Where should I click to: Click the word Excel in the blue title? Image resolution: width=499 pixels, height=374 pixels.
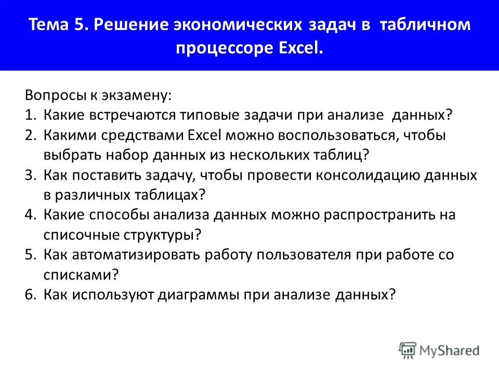(300, 48)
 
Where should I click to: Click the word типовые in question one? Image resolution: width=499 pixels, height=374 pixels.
(209, 115)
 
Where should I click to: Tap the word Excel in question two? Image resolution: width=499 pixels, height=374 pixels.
(204, 135)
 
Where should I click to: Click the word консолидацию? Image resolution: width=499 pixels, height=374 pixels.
(367, 176)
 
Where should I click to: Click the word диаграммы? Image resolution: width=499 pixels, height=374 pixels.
(198, 295)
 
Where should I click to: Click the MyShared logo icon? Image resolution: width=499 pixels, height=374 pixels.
(408, 351)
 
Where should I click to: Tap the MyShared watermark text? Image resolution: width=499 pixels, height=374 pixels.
(449, 351)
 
